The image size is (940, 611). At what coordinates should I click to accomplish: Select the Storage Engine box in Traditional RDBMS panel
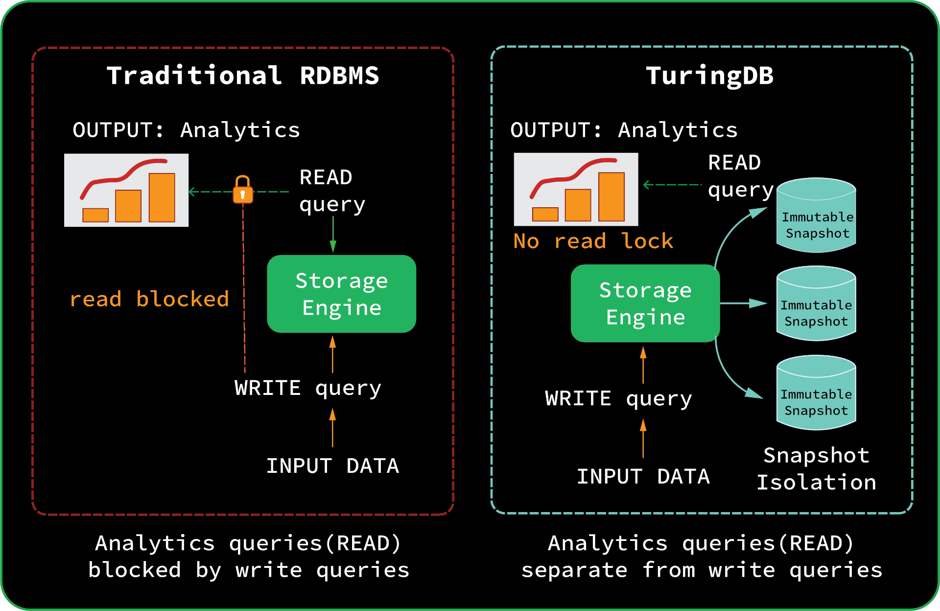pos(341,293)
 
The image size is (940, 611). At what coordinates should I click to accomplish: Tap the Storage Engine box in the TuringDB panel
pos(645,303)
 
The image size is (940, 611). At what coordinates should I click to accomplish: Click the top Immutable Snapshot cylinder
pos(816,216)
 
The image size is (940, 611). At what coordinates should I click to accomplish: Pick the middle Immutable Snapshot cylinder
pos(816,304)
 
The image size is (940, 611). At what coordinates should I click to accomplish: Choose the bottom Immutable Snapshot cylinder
pos(816,393)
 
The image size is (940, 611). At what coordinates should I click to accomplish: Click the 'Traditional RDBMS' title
pos(243,76)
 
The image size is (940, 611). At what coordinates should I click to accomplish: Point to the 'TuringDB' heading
pos(709,76)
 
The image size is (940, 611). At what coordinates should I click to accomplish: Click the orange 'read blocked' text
pos(149,299)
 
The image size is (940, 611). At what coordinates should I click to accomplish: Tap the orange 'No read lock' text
pos(593,241)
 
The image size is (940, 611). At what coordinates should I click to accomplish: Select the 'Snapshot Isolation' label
pos(816,469)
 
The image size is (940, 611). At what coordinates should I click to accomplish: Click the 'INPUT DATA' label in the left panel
pos(332,466)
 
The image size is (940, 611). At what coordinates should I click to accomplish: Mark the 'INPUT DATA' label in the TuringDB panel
pos(643,477)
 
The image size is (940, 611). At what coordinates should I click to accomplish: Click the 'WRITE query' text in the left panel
pos(307,388)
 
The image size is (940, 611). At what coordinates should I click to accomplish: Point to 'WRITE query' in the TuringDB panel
pos(618,399)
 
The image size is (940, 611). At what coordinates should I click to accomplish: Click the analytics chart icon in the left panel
pos(126,190)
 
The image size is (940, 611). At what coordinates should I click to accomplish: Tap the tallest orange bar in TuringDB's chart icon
pos(611,196)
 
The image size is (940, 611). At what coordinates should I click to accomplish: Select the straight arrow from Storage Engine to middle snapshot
pos(743,303)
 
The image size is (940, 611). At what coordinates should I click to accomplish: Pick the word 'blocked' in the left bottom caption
pos(135,570)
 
